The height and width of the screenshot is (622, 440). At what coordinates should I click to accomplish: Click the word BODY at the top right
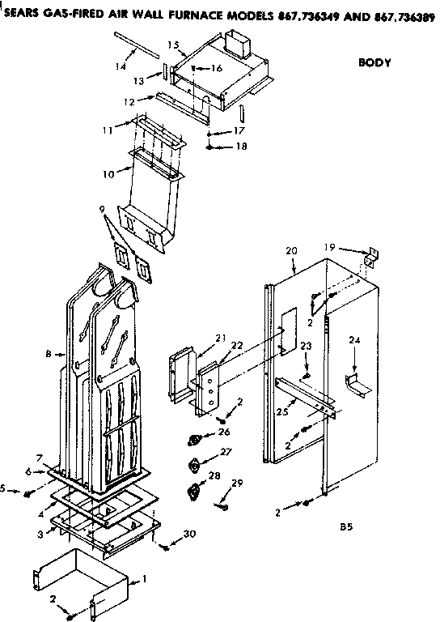click(374, 62)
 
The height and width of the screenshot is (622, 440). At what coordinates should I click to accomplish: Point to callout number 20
click(291, 251)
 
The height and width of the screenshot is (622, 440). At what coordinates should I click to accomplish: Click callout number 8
click(49, 354)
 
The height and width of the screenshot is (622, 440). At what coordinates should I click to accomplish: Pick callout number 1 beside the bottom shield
click(144, 578)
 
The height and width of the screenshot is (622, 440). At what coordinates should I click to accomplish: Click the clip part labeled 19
click(370, 258)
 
